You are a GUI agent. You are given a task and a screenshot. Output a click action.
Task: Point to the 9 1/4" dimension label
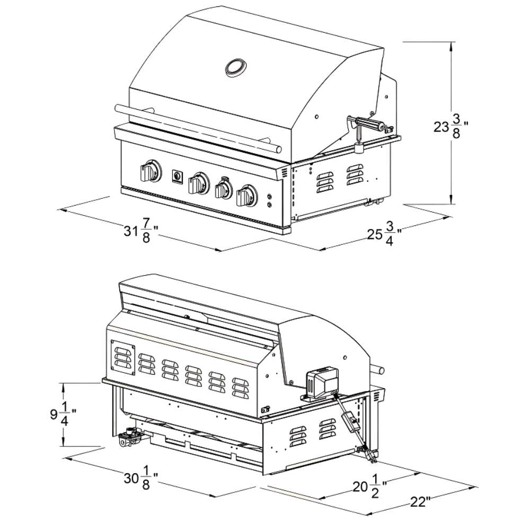[63, 414]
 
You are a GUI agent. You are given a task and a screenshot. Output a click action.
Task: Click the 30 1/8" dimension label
[141, 478]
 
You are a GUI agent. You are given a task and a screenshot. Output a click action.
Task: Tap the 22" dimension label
[419, 501]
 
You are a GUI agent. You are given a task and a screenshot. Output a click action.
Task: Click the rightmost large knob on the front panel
[247, 196]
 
